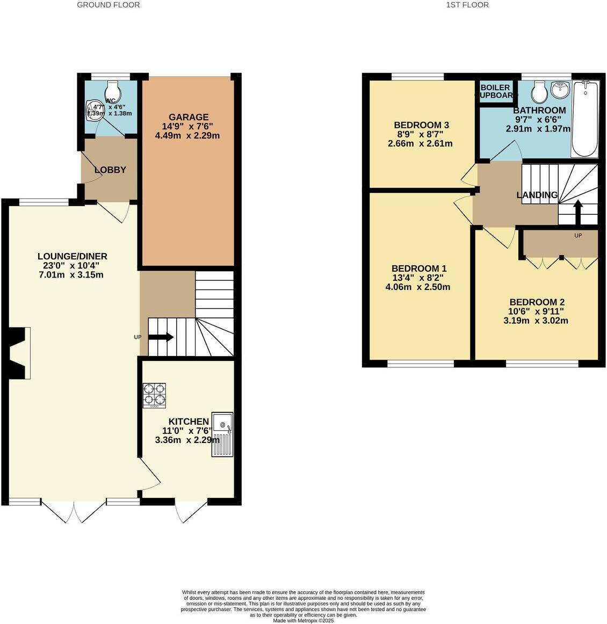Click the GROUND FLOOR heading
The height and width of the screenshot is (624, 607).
pos(108,5)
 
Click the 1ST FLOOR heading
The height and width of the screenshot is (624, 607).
pos(467,5)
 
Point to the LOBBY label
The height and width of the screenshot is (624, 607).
pos(110,170)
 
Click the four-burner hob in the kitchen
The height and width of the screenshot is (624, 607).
pos(154,395)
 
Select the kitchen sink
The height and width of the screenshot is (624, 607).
pos(222,434)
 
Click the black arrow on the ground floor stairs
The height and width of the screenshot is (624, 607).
pos(161,337)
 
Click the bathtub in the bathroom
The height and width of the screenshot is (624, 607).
pos(585,119)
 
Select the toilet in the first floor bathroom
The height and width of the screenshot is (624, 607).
pos(539,92)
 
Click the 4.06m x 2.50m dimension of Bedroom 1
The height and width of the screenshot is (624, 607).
pos(418,287)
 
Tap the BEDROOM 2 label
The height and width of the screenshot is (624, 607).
pos(537,302)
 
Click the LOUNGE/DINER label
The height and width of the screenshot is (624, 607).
pos(73,256)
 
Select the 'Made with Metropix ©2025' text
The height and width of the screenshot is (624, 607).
pos(303,620)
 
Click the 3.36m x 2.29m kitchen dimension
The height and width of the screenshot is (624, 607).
pos(187,440)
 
